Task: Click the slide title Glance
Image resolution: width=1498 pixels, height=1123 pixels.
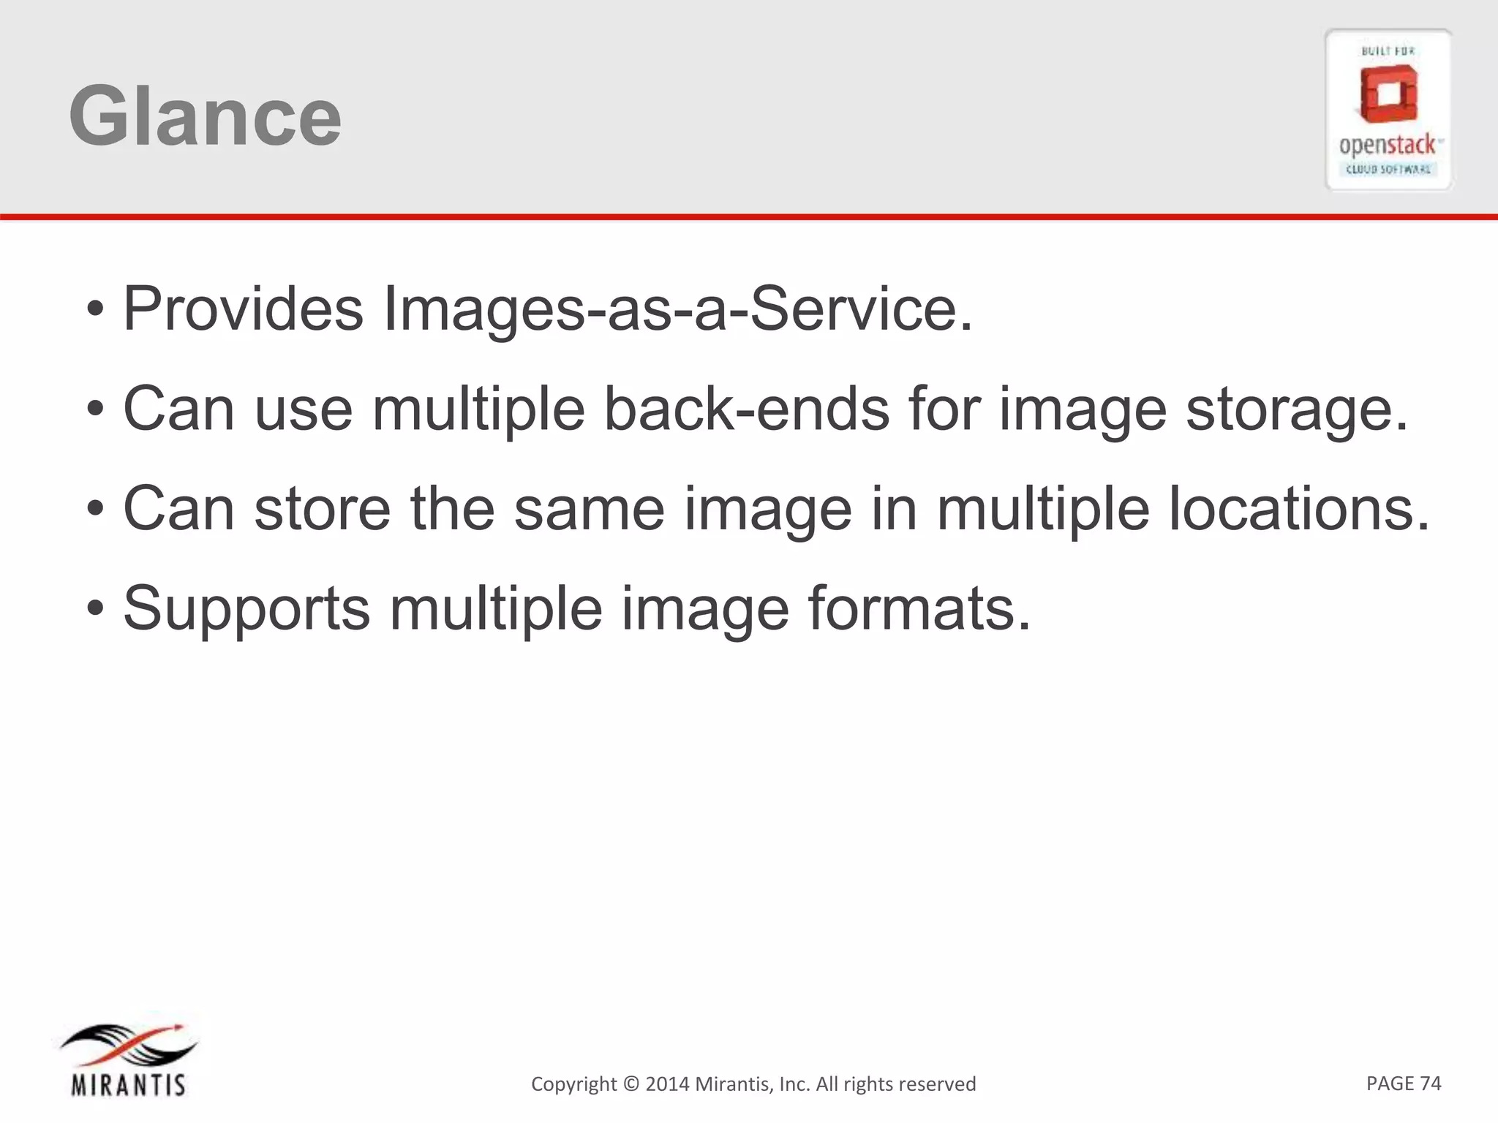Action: (205, 116)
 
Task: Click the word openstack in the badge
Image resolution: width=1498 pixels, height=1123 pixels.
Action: (1388, 145)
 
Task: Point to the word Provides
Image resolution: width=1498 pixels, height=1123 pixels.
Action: (243, 309)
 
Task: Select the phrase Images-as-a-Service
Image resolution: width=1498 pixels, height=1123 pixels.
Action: (677, 309)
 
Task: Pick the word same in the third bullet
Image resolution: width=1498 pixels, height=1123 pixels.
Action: (589, 509)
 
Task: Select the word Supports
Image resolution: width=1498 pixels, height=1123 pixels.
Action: (246, 609)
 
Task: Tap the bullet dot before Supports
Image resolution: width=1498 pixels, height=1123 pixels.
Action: (95, 608)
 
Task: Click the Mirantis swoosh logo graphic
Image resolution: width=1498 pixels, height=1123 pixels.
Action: (129, 1044)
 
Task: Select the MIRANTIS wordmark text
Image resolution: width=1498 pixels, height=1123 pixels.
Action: (129, 1084)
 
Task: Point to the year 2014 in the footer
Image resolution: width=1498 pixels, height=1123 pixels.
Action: (667, 1084)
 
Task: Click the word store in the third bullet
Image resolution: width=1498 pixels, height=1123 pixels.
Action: (323, 509)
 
